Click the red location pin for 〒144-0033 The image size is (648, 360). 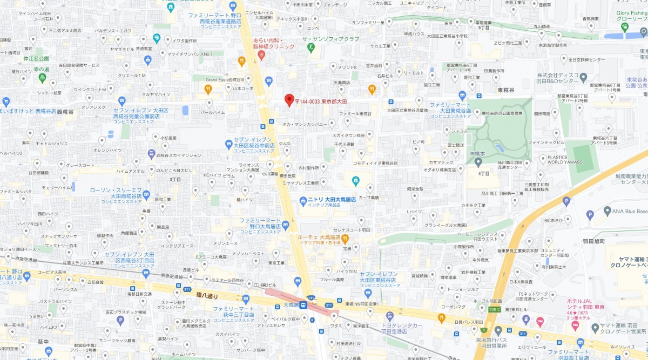[289, 100]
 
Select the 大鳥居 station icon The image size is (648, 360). [303, 305]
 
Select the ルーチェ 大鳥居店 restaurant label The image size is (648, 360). [319, 237]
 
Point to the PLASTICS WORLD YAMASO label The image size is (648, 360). [564, 160]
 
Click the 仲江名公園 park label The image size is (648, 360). [37, 58]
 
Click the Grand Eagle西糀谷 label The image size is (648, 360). [225, 79]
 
